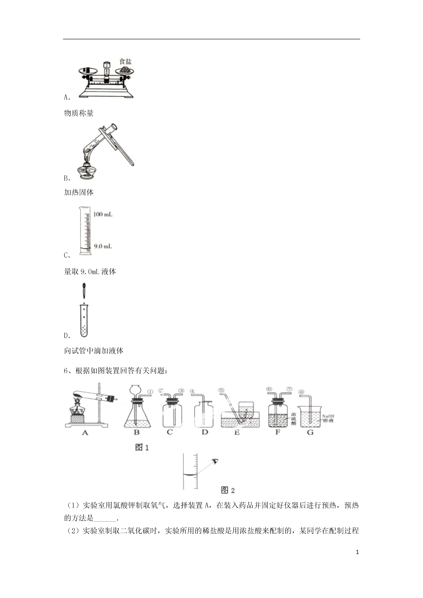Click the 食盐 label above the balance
(x=125, y=62)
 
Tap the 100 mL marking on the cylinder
(x=103, y=214)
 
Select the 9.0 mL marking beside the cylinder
(x=103, y=246)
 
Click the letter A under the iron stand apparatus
(x=85, y=433)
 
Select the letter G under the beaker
(x=310, y=433)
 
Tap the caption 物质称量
(x=79, y=113)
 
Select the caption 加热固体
(x=79, y=192)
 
